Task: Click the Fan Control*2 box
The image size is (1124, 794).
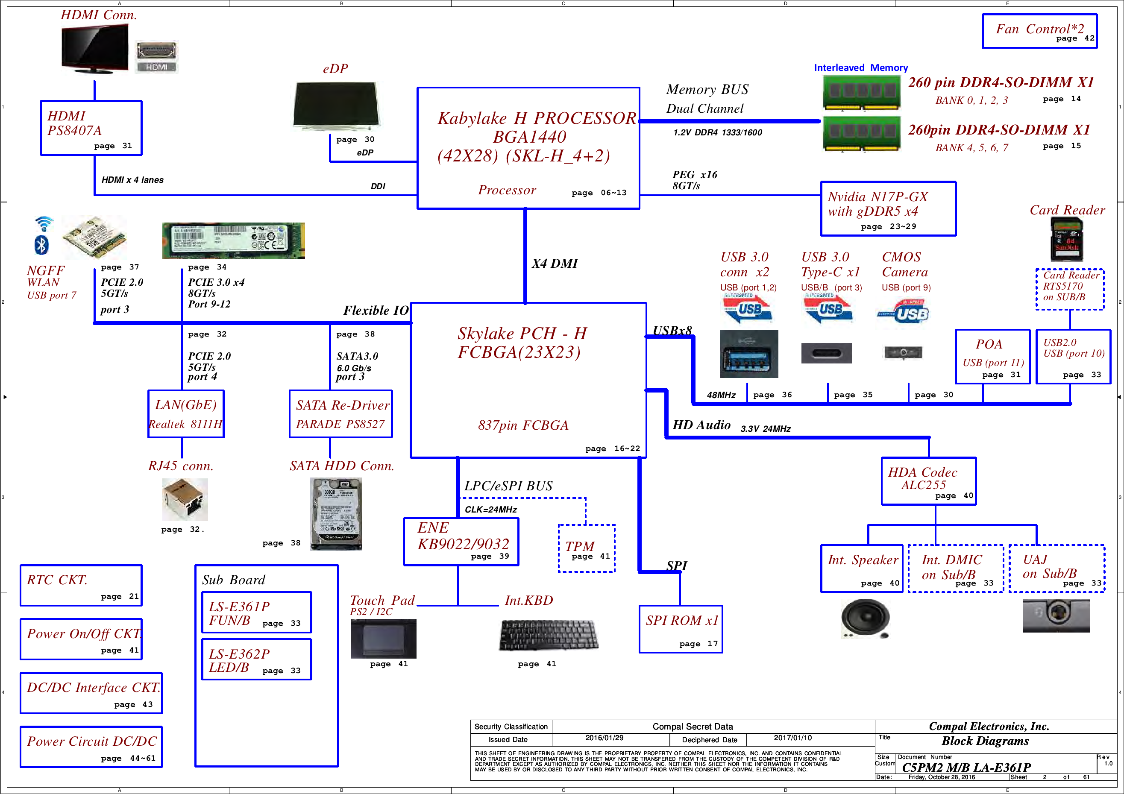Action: tap(1039, 31)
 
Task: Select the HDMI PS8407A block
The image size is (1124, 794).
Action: tap(91, 128)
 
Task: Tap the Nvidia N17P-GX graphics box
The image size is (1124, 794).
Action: tap(888, 208)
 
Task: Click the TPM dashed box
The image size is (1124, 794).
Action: tap(587, 548)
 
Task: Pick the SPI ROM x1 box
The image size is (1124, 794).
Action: tap(681, 629)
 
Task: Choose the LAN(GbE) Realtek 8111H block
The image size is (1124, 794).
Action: tap(186, 413)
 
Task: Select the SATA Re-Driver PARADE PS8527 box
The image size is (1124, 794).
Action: tap(341, 413)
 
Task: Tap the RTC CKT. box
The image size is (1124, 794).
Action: tap(81, 585)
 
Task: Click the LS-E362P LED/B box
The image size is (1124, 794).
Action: tap(256, 659)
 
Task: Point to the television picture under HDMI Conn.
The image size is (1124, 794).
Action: tap(94, 49)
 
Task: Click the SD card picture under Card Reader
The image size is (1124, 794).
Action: tap(1066, 239)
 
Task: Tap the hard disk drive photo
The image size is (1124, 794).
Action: tap(336, 514)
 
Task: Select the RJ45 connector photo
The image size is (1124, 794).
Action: tap(185, 499)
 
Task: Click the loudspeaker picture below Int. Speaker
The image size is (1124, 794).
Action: tap(865, 619)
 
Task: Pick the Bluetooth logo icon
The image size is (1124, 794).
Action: tap(41, 245)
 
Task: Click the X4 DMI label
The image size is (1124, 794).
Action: tap(555, 264)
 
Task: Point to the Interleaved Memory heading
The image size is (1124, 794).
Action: tap(861, 67)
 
